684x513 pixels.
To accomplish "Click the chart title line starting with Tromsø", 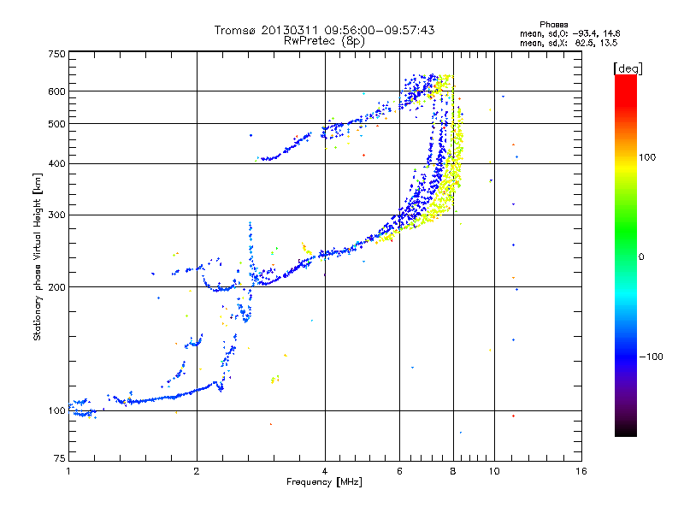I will coord(324,30).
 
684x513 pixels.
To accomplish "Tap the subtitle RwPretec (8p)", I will coord(324,40).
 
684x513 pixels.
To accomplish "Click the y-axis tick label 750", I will coord(56,53).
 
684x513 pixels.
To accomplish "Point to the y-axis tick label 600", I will coord(56,91).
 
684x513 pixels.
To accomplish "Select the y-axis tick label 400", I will coord(56,163).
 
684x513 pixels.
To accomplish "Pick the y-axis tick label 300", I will coord(56,215).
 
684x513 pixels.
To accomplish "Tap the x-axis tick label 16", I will coord(581,471).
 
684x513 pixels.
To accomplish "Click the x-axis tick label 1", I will coord(68,471).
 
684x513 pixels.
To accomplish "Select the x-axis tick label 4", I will coord(325,471).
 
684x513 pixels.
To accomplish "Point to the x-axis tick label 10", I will coord(493,471).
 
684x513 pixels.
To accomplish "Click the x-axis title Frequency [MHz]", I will coord(324,482).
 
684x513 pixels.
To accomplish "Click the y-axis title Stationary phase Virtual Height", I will coord(38,256).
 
